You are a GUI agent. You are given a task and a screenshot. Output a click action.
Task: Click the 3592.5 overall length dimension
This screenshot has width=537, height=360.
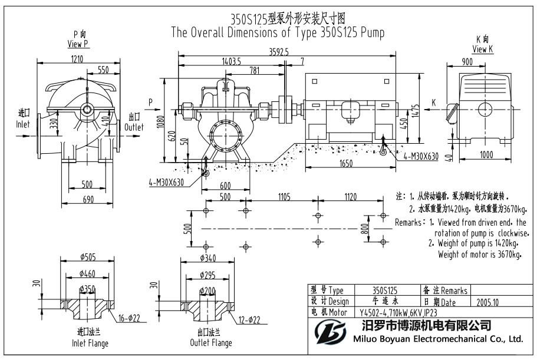(279, 52)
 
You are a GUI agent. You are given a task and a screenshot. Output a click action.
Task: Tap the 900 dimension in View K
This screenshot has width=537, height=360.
(467, 62)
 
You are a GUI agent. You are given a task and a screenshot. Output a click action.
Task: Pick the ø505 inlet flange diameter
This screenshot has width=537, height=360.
(87, 257)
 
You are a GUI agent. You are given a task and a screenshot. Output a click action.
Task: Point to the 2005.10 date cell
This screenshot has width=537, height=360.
(487, 302)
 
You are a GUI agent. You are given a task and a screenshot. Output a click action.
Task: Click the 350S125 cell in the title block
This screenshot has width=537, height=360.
(385, 290)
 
